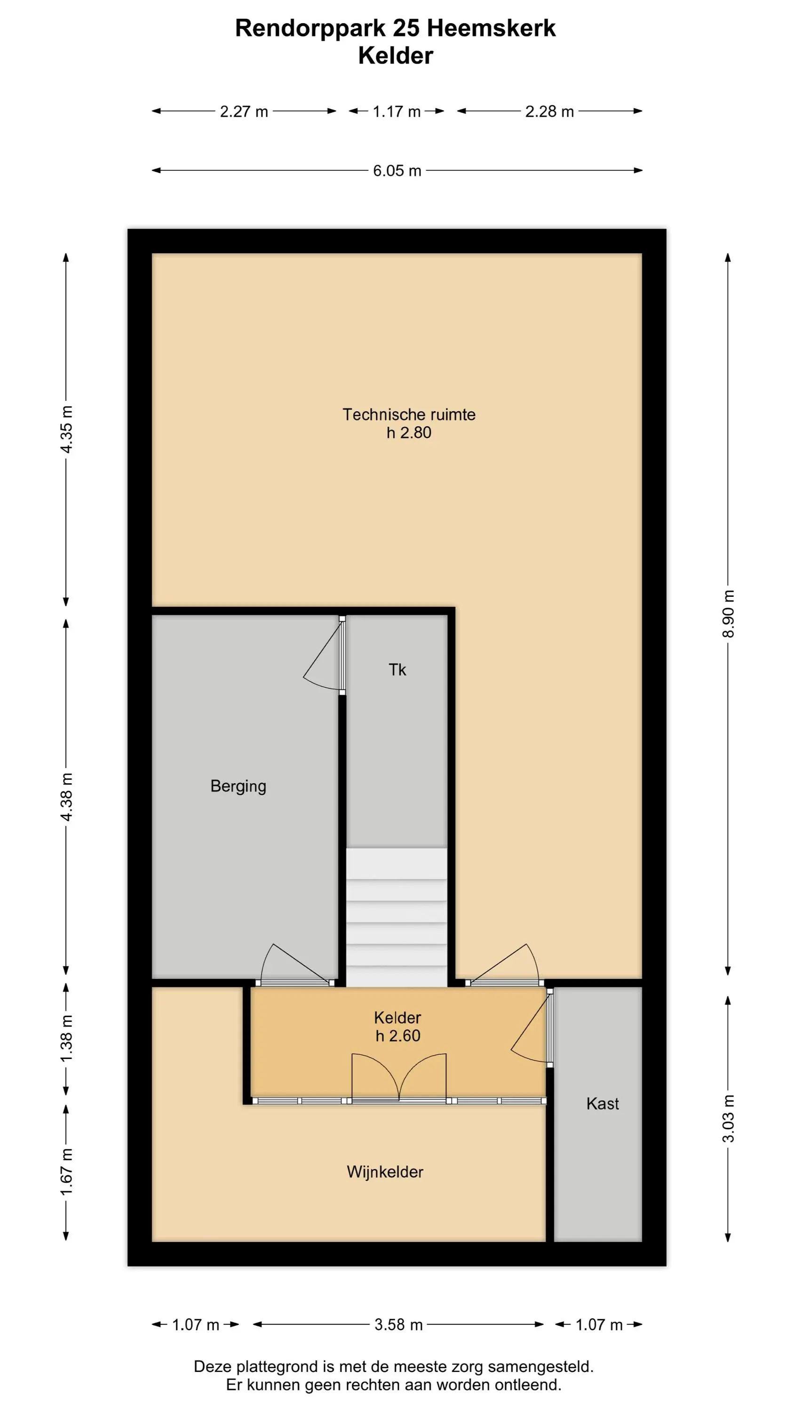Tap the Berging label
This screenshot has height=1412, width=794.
(x=238, y=786)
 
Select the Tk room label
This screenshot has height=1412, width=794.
(x=397, y=670)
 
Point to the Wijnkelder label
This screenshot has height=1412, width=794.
(x=385, y=1172)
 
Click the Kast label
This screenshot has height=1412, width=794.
(x=603, y=1103)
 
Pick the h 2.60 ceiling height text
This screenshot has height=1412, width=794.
(x=398, y=1036)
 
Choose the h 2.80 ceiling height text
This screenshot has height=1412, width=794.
(x=409, y=433)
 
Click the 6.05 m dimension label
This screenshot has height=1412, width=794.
(x=397, y=170)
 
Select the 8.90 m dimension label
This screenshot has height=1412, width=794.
(x=728, y=614)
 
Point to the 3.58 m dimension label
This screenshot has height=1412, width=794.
(x=398, y=1325)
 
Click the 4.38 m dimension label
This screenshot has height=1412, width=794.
(x=66, y=797)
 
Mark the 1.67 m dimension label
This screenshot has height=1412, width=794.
(x=66, y=1172)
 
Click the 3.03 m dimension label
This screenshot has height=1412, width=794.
(x=728, y=1119)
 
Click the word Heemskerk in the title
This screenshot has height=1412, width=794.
(x=491, y=28)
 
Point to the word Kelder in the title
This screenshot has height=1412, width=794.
(x=396, y=56)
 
